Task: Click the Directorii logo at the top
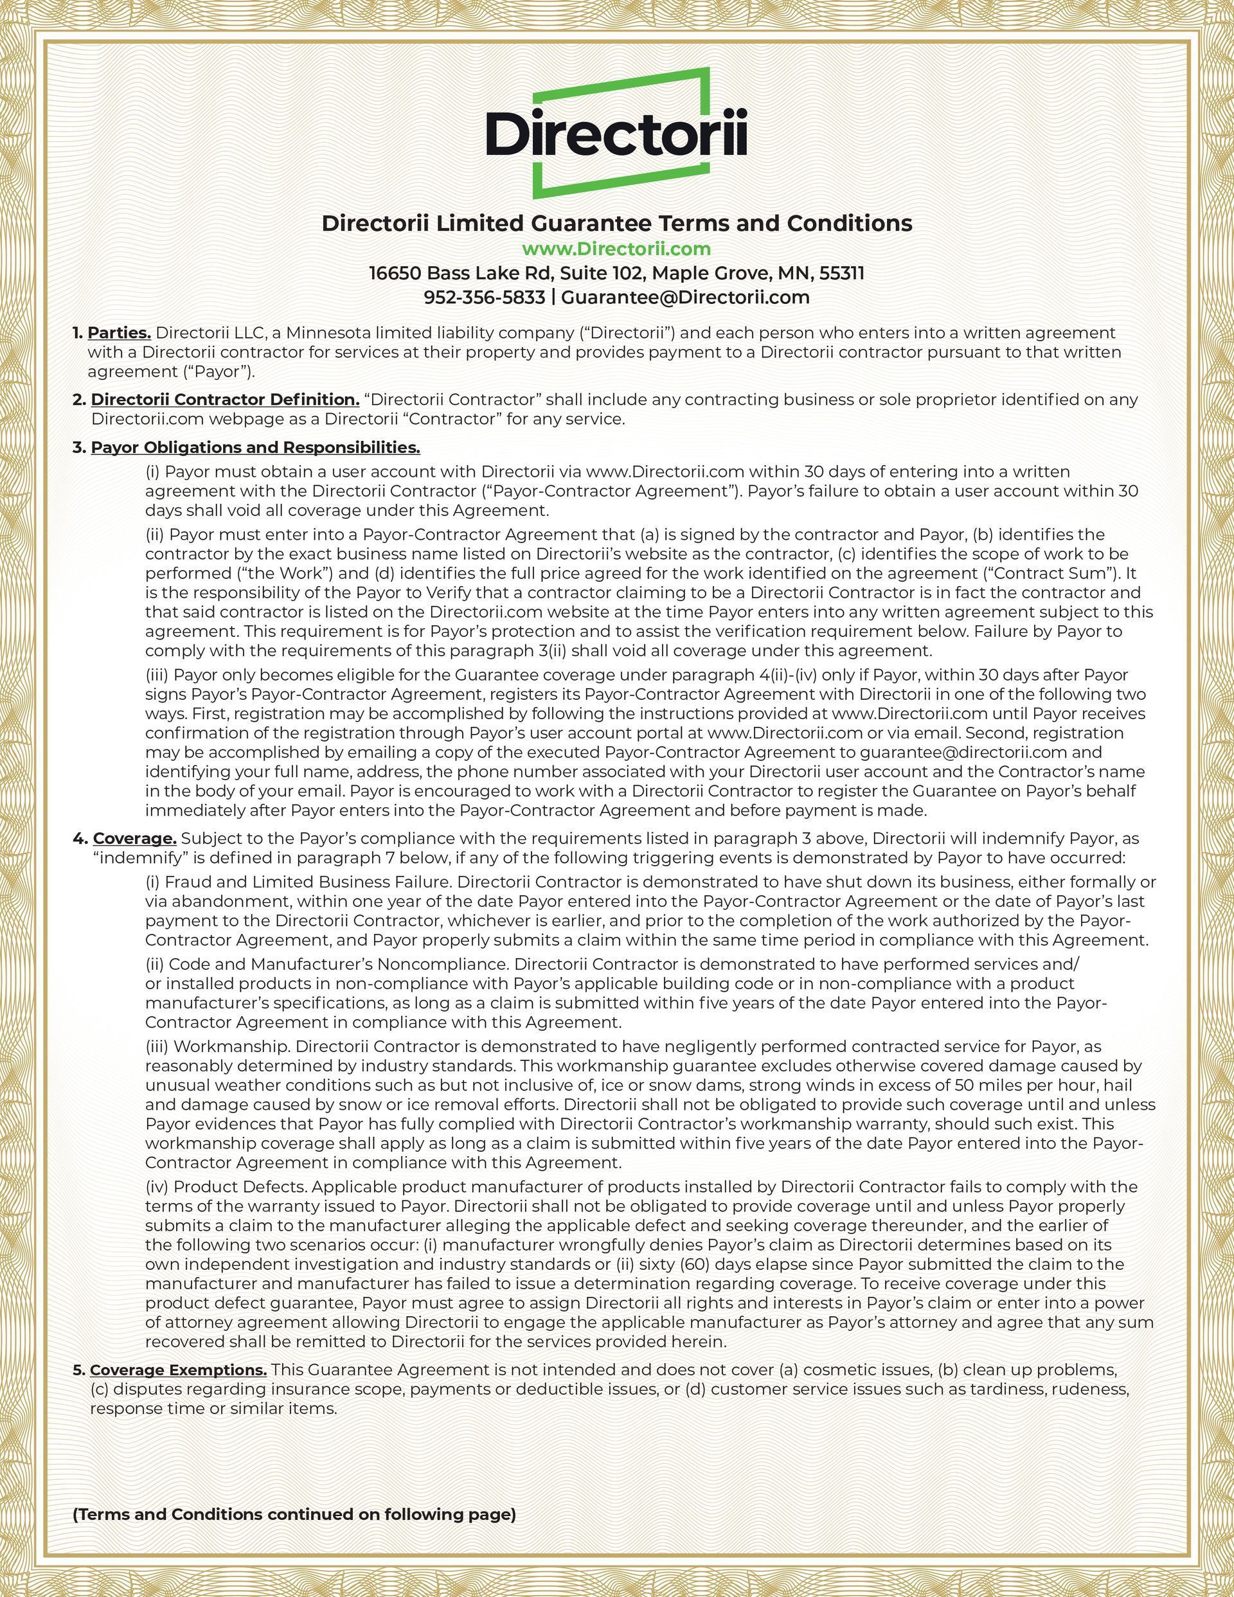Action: tap(616, 134)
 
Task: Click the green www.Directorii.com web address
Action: tap(616, 249)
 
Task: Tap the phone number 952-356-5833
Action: tap(484, 298)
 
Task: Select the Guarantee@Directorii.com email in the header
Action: tap(685, 298)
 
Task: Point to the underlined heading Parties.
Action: tap(120, 333)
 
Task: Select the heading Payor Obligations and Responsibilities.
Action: tap(255, 447)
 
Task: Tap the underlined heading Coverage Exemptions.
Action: tap(179, 1369)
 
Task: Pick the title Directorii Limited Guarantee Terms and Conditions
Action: tap(616, 223)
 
